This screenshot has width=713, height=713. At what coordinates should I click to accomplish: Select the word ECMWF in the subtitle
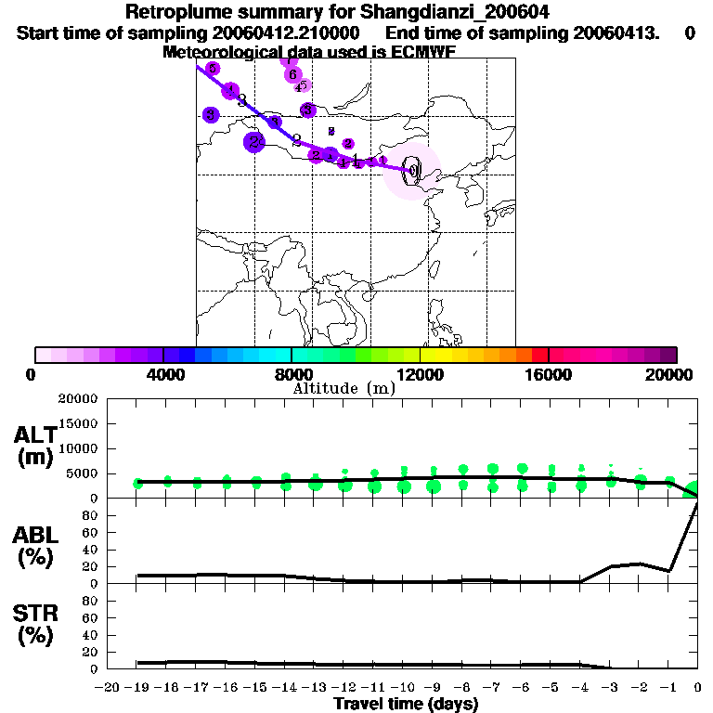pos(422,52)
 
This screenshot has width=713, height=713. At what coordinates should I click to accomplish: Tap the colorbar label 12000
pos(421,374)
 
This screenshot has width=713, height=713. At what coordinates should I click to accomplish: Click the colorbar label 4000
pos(163,374)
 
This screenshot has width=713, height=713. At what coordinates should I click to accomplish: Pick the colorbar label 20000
pos(671,374)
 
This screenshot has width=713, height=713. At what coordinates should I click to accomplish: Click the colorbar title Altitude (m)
pos(344,388)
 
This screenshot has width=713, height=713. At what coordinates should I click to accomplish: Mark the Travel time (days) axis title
pos(406,705)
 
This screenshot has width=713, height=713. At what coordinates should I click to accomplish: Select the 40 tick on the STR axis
pos(91,635)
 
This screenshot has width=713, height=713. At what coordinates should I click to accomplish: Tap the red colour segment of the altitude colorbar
pos(539,355)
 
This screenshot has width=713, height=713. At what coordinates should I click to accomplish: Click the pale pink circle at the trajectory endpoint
pos(412,171)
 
